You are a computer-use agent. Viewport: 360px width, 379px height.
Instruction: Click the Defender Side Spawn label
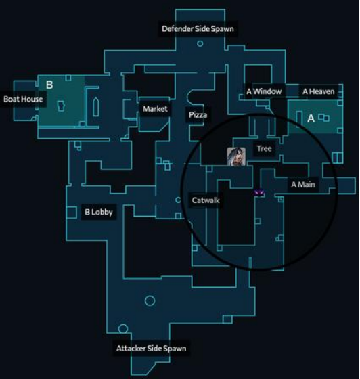pyautogui.click(x=198, y=29)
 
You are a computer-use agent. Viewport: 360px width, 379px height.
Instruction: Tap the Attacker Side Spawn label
pyautogui.click(x=152, y=349)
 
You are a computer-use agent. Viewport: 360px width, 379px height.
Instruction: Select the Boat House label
pyautogui.click(x=23, y=99)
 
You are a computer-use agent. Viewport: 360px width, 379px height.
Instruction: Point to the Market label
pyautogui.click(x=155, y=109)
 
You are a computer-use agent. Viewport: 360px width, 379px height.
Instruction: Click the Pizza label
pyautogui.click(x=198, y=115)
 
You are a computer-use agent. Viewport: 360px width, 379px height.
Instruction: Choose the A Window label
pyautogui.click(x=264, y=91)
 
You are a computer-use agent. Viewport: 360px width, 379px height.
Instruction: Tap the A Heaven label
pyautogui.click(x=319, y=91)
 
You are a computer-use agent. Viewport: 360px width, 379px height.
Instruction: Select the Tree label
pyautogui.click(x=265, y=148)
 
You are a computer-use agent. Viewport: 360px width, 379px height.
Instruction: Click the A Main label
pyautogui.click(x=303, y=185)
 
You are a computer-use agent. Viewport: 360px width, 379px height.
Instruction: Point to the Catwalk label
pyautogui.click(x=206, y=200)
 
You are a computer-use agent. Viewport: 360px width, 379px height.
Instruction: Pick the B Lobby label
pyautogui.click(x=99, y=212)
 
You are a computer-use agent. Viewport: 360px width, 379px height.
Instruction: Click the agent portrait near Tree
pyautogui.click(x=236, y=156)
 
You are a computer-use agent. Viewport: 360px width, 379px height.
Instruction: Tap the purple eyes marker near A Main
pyautogui.click(x=259, y=193)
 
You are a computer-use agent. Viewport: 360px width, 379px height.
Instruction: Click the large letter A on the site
pyautogui.click(x=311, y=118)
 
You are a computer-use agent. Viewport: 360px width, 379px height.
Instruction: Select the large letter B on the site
pyautogui.click(x=49, y=85)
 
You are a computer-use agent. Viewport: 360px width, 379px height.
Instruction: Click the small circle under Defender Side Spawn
pyautogui.click(x=200, y=44)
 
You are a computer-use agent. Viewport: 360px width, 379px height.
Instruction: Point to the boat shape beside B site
pyautogui.click(x=96, y=107)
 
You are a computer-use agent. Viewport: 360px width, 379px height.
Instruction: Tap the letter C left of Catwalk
pyautogui.click(x=178, y=200)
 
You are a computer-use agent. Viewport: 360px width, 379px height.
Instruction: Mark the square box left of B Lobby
pyautogui.click(x=72, y=213)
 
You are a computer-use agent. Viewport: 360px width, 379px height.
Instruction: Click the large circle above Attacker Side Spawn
pyautogui.click(x=150, y=301)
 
